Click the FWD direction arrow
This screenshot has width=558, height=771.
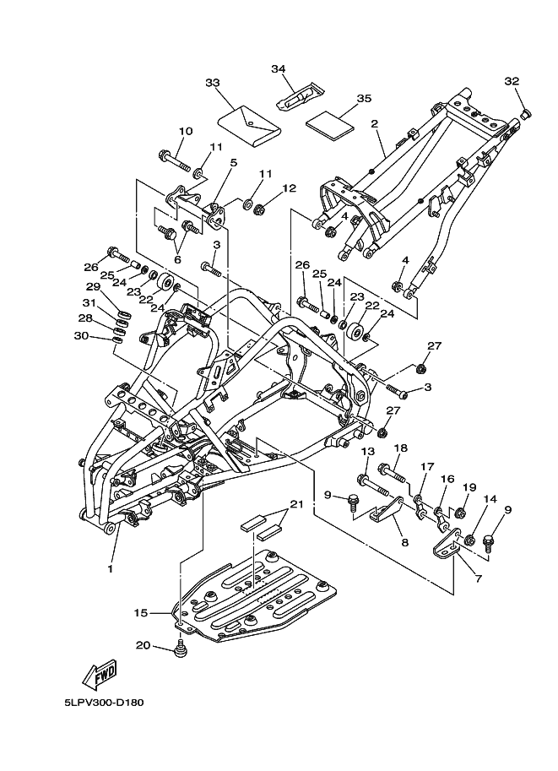pyautogui.click(x=100, y=675)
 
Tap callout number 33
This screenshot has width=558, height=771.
pyautogui.click(x=212, y=82)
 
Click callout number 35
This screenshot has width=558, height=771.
pyautogui.click(x=364, y=99)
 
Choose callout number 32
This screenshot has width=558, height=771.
pyautogui.click(x=511, y=81)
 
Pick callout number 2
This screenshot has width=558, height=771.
pyautogui.click(x=374, y=123)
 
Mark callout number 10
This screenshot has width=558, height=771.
pyautogui.click(x=186, y=131)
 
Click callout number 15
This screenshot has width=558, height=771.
pyautogui.click(x=140, y=611)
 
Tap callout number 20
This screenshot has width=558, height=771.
pyautogui.click(x=144, y=645)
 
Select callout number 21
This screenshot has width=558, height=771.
pyautogui.click(x=295, y=504)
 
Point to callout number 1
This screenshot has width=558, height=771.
pyautogui.click(x=110, y=568)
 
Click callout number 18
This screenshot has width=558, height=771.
pyautogui.click(x=400, y=448)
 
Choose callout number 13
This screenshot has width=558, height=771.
pyautogui.click(x=367, y=453)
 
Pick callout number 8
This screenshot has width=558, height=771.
pyautogui.click(x=404, y=543)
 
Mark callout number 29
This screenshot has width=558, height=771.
pyautogui.click(x=93, y=287)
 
